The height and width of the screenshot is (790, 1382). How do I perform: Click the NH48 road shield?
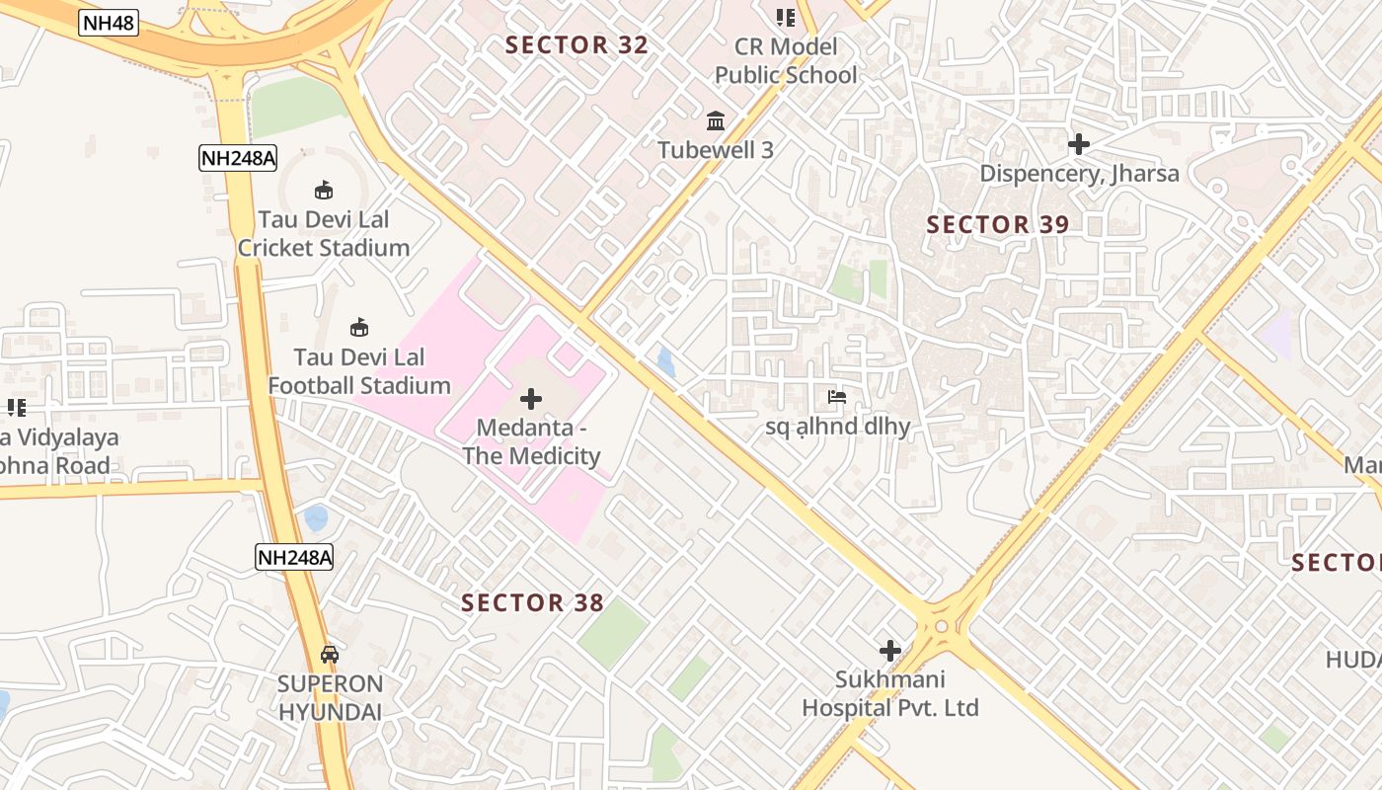tap(109, 23)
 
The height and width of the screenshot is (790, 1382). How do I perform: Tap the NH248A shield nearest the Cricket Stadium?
tap(237, 157)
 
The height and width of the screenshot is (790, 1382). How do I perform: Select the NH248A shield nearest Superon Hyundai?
tap(294, 557)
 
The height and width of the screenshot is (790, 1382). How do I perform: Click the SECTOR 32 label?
tap(576, 44)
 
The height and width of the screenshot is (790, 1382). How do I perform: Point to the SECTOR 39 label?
tap(997, 224)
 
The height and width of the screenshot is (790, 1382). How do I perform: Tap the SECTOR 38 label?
tap(532, 602)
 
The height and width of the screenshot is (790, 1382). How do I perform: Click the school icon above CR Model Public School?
tap(786, 17)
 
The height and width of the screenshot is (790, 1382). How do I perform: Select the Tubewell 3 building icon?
tap(716, 121)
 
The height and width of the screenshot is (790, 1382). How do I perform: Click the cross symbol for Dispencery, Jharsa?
tap(1079, 144)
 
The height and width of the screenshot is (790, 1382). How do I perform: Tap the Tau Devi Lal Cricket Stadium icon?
tap(323, 190)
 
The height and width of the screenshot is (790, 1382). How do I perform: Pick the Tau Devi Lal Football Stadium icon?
tap(359, 327)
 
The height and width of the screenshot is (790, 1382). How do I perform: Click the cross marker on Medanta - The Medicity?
tap(531, 399)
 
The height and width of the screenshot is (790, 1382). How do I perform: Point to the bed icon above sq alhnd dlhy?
tap(837, 398)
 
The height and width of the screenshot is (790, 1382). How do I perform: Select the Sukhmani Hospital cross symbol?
tap(890, 651)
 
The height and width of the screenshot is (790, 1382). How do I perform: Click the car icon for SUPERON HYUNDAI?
tap(330, 654)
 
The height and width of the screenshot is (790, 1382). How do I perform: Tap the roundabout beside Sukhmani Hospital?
tap(942, 626)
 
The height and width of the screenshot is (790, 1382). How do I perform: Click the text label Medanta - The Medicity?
tap(531, 442)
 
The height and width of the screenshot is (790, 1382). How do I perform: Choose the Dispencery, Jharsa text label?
tap(1079, 174)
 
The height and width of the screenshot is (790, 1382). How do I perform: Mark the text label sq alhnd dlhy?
tap(837, 428)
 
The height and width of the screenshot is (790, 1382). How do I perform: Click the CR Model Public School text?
tap(786, 60)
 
